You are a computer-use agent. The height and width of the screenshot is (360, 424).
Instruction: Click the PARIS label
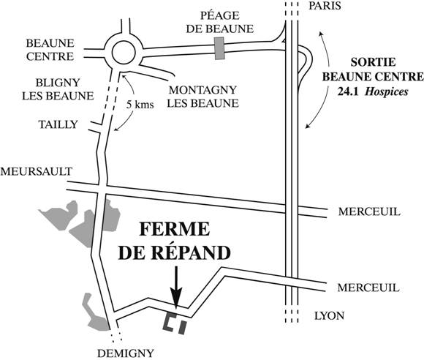coord(325,6)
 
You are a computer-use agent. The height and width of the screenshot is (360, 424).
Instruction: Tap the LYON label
coord(329,316)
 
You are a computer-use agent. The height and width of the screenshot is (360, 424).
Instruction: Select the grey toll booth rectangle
coord(219,48)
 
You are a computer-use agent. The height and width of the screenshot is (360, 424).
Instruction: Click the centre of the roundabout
coord(123,53)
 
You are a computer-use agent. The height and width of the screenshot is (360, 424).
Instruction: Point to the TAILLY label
coord(58,124)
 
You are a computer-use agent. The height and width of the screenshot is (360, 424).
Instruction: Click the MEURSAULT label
coord(37,171)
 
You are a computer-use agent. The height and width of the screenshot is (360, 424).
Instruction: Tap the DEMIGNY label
coord(126,353)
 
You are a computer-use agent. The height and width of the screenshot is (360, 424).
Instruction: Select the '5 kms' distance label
coord(140,105)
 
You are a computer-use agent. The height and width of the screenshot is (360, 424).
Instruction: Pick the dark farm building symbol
coord(175,323)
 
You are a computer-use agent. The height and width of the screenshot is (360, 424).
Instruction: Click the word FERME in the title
coord(175,229)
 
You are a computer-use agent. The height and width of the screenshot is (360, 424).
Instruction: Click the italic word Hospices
coord(387,92)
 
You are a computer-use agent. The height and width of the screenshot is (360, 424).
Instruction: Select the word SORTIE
coord(373,62)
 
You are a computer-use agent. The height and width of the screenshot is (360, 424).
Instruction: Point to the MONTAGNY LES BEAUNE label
coord(202,97)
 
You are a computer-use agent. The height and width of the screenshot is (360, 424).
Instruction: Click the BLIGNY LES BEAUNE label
coord(58,89)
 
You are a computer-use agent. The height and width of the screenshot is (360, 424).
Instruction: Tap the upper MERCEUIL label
coord(369,211)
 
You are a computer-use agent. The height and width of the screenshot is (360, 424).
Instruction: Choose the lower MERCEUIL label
coord(368,288)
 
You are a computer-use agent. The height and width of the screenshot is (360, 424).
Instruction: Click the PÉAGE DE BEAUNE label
coord(220,22)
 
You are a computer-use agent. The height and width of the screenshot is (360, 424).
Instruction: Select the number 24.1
coord(348,92)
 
